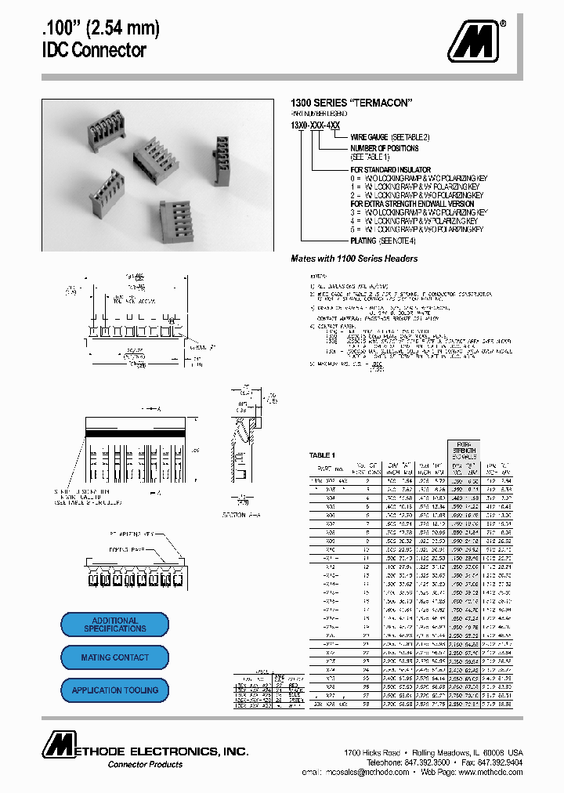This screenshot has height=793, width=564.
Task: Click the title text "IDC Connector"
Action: [93, 51]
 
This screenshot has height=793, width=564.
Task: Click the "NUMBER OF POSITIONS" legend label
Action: [385, 148]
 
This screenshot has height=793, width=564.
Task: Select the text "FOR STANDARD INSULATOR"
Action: [390, 169]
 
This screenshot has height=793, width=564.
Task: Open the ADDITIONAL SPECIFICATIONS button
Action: [115, 625]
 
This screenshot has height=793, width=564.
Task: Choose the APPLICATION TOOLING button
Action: [115, 690]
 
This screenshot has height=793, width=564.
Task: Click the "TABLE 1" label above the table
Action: [322, 455]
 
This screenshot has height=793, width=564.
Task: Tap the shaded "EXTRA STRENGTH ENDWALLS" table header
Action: [466, 451]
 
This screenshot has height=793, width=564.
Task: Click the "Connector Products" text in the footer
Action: [145, 764]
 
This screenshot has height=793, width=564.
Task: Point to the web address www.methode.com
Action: [490, 772]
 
